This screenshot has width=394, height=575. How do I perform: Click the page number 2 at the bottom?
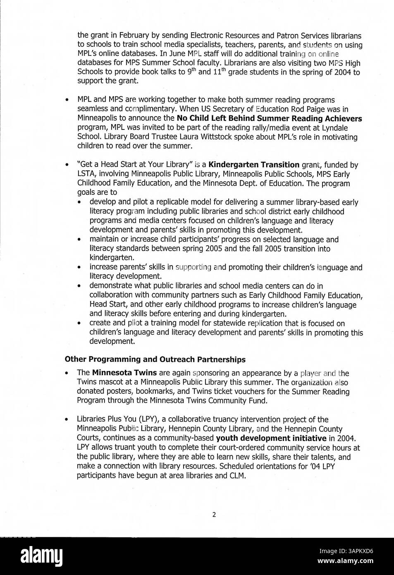pos(214,515)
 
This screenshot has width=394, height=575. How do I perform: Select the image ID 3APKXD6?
pos(346,551)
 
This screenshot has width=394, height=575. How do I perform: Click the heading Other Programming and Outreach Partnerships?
pos(155,359)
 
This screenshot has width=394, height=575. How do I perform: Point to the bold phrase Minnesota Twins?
pos(124,373)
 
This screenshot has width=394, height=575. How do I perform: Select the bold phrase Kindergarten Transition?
pos(254,165)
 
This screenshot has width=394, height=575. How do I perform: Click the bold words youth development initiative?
pos(271,438)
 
